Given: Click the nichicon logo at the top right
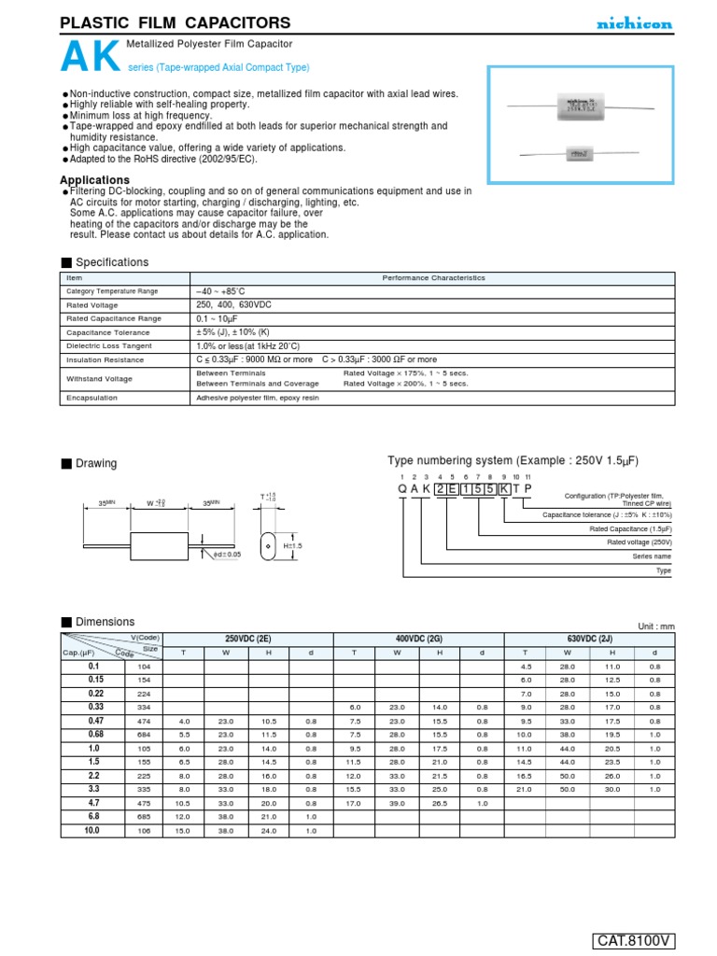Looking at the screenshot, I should pos(634,24).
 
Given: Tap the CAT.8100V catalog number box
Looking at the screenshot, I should pos(633,940).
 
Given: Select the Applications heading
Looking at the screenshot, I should pos(94,180).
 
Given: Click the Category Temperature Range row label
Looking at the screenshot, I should pos(112,291).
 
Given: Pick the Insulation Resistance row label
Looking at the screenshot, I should pos(105,358).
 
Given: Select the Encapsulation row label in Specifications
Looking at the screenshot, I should pos(91,397).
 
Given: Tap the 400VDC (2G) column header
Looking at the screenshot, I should pos(418,638).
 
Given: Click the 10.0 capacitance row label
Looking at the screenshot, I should pos(93,830).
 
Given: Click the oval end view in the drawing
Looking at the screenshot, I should pos(266,546).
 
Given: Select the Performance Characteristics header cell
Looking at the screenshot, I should pos(430,277).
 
